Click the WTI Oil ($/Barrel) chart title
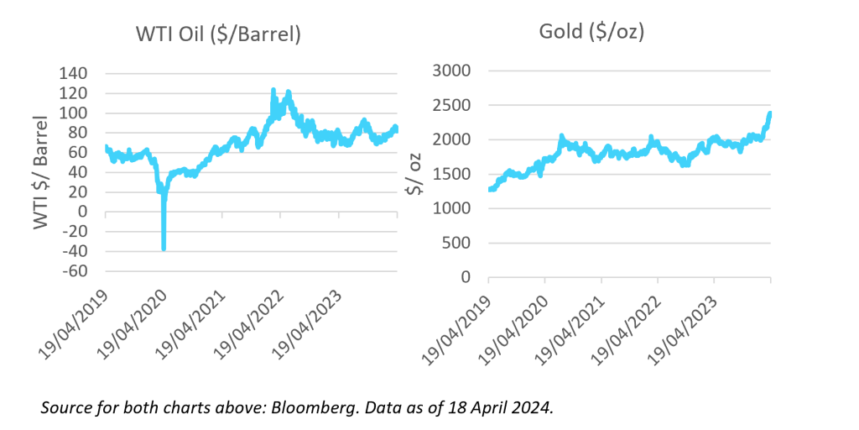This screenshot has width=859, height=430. (218, 35)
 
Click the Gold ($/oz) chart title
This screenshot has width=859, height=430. (591, 33)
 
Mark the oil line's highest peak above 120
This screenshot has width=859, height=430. (273, 88)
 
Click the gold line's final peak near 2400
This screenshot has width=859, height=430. (770, 113)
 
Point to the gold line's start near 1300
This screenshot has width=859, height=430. (490, 189)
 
